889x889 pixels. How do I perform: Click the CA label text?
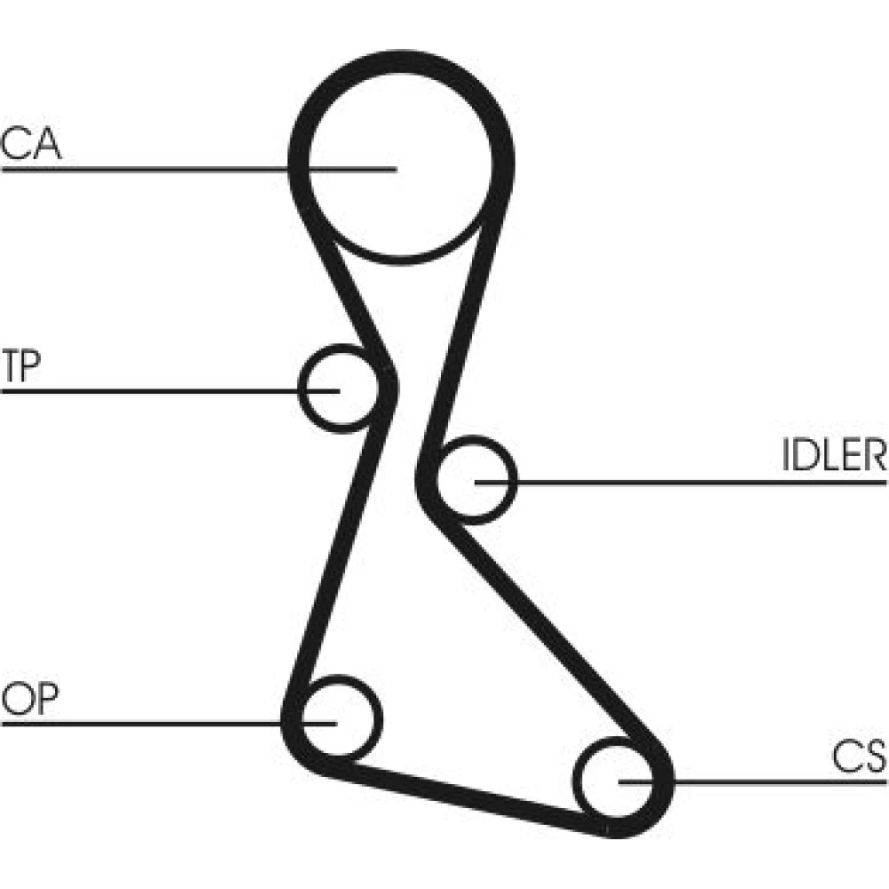[x=32, y=144]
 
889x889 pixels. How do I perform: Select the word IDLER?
[x=834, y=455]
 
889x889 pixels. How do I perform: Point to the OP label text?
[x=30, y=700]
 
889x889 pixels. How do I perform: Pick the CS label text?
[x=860, y=757]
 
